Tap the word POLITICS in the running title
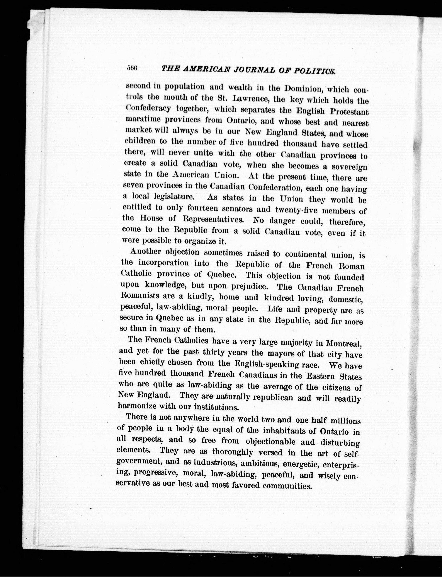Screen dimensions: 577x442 click(314, 71)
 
